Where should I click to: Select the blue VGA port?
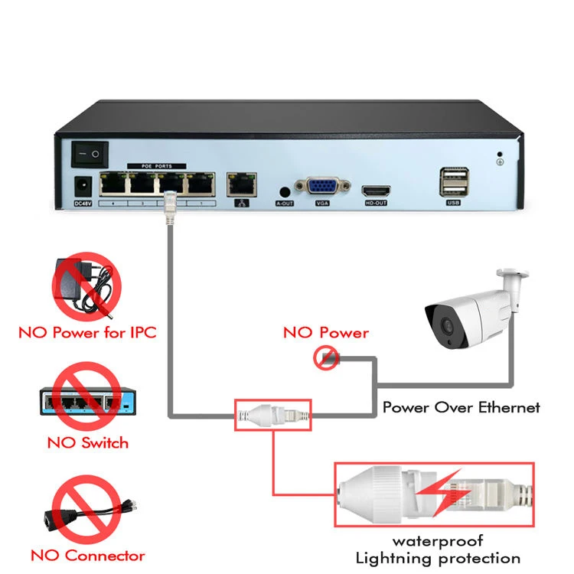click(x=323, y=188)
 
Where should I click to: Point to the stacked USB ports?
click(x=452, y=182)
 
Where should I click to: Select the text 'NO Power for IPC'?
click(x=87, y=333)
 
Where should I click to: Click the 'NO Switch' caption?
click(x=87, y=442)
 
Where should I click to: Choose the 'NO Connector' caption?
click(x=87, y=556)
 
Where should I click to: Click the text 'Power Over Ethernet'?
click(x=461, y=407)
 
